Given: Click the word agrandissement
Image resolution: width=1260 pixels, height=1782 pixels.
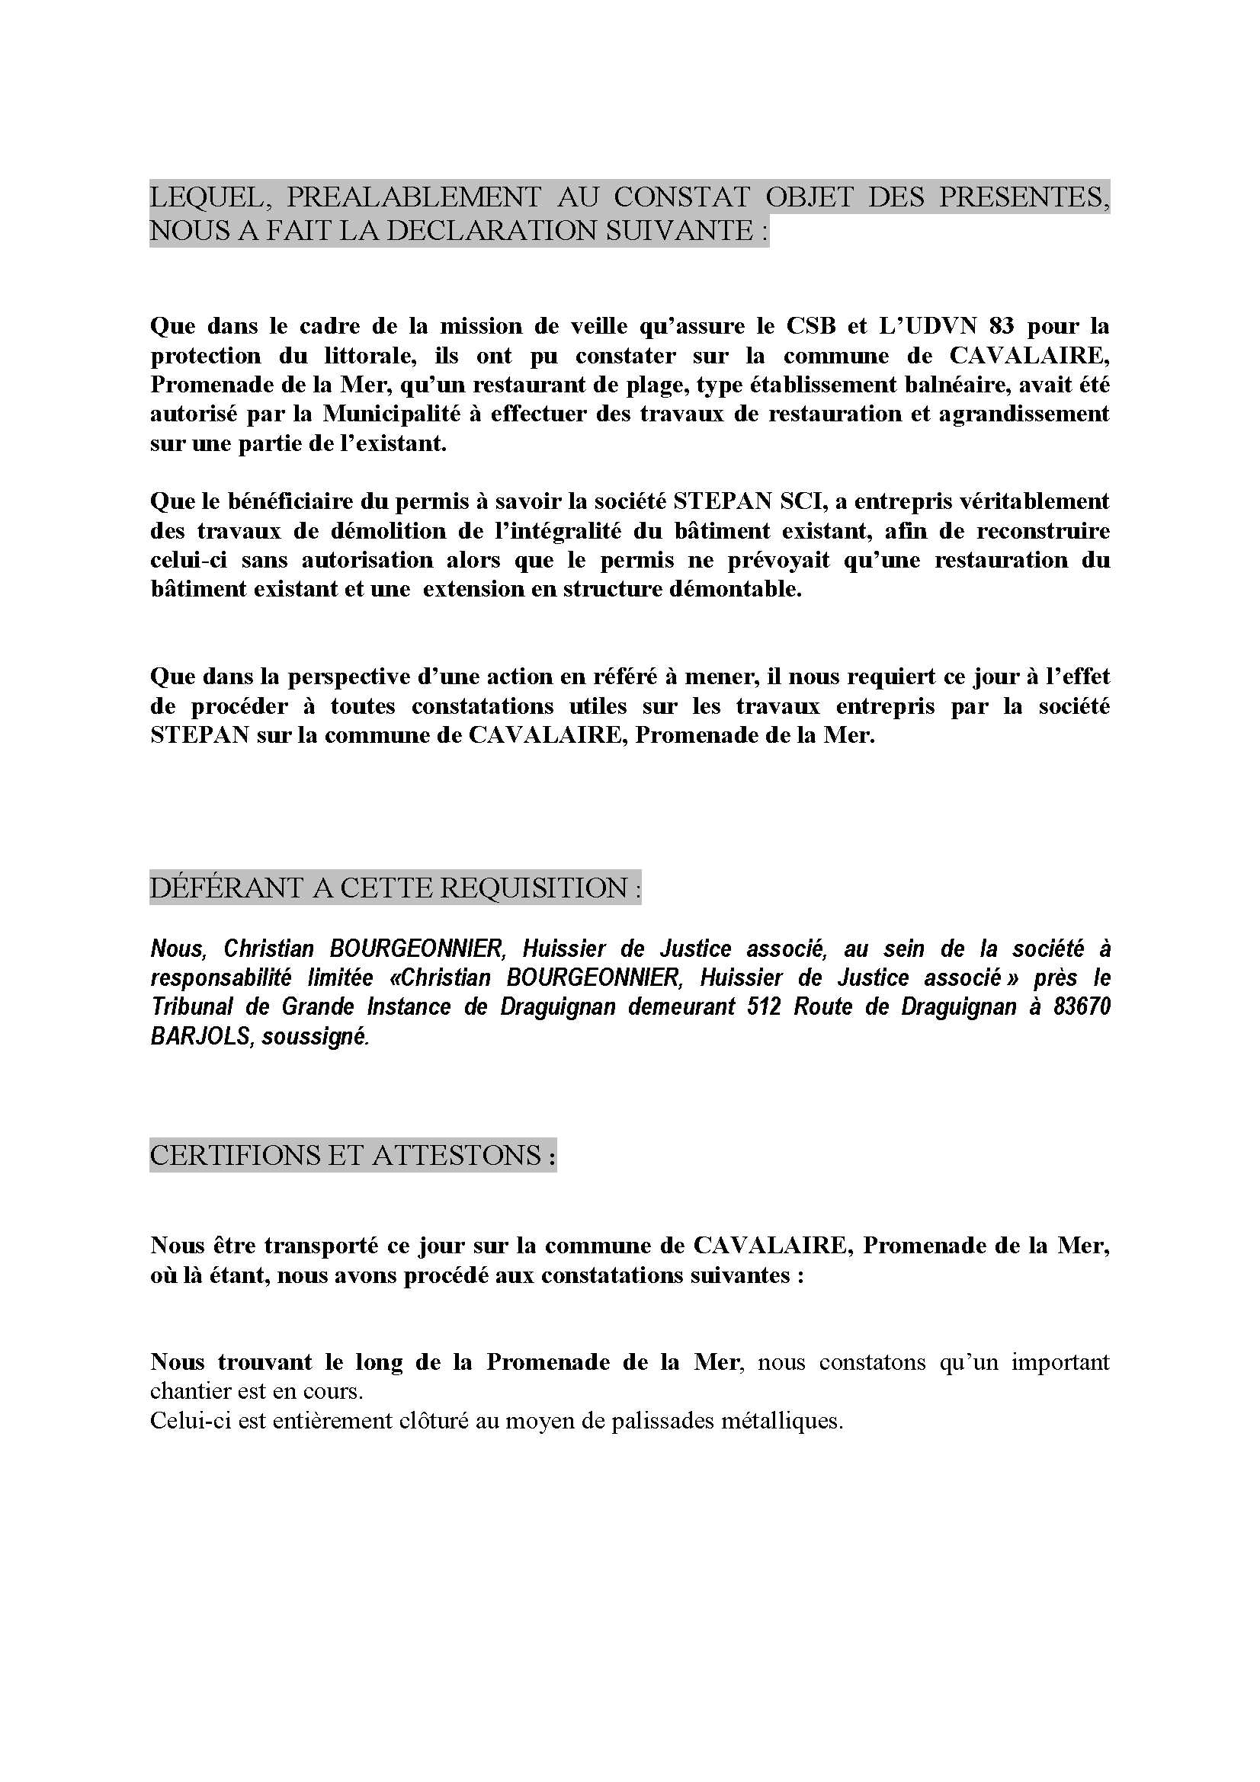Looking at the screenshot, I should coord(1024,414).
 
